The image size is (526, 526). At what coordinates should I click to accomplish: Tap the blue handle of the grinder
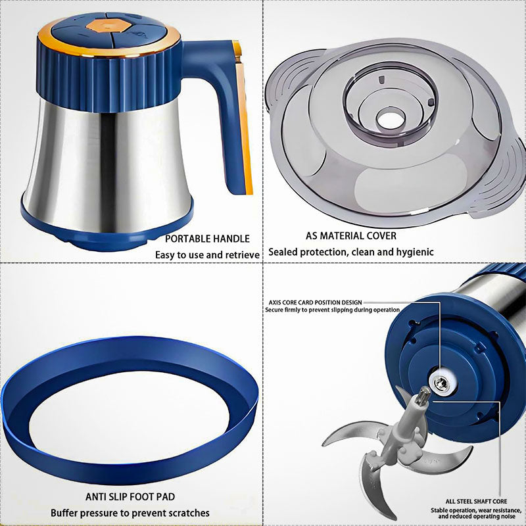(226, 101)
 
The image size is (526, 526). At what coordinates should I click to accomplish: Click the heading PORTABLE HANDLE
(207, 239)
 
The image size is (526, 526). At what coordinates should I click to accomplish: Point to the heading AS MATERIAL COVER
(351, 236)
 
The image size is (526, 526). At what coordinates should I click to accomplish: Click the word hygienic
(416, 252)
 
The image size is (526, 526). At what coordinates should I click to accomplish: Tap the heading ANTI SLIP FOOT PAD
(130, 497)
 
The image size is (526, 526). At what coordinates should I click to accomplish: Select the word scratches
(189, 513)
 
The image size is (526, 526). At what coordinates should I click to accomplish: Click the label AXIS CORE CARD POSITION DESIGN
(316, 302)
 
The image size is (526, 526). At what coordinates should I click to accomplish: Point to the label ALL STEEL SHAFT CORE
(476, 502)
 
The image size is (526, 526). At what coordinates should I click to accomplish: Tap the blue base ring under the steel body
(107, 231)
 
